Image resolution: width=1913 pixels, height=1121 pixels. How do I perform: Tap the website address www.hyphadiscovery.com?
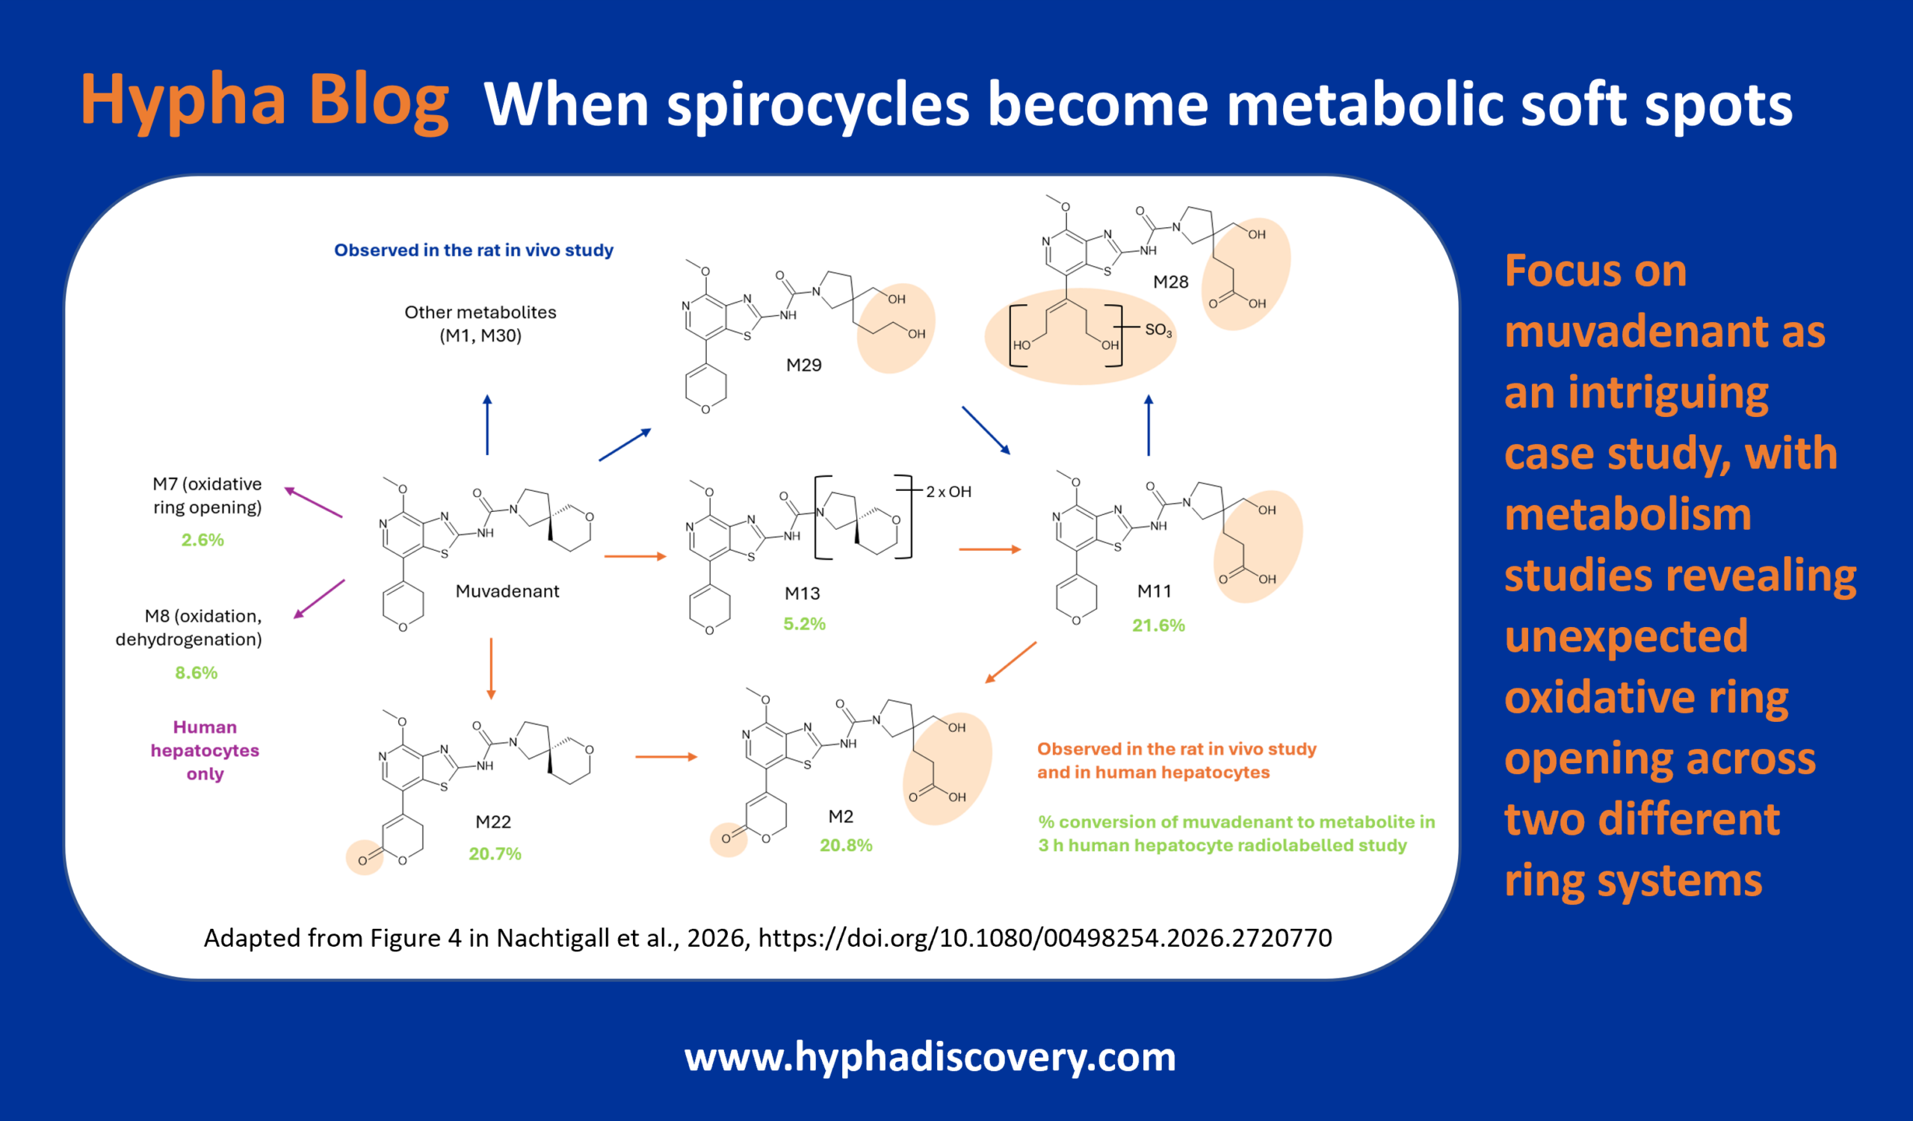point(930,1057)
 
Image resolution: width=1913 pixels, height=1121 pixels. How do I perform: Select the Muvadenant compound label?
point(507,591)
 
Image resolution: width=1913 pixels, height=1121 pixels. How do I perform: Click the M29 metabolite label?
point(804,365)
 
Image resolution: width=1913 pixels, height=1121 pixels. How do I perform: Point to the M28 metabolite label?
point(1170,282)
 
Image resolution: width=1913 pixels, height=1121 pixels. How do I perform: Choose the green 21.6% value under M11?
point(1158,626)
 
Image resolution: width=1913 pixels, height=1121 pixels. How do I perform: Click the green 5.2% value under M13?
point(805,624)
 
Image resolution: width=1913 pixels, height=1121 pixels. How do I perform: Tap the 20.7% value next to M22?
point(495,854)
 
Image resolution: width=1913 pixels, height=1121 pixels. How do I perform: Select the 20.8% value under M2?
point(847,845)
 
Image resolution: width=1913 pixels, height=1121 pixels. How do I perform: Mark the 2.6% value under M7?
point(203,540)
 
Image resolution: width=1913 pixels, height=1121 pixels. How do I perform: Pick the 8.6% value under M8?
point(197,673)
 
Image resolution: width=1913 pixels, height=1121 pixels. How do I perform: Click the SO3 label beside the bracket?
point(1158,330)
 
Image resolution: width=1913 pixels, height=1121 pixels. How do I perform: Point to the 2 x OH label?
point(949,492)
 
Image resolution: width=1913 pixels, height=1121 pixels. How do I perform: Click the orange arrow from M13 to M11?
point(990,549)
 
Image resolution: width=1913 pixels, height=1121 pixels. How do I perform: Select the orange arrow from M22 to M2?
point(667,757)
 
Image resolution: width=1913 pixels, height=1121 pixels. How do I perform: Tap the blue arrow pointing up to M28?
point(1149,425)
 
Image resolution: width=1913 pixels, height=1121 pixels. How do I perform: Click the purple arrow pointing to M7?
point(314,502)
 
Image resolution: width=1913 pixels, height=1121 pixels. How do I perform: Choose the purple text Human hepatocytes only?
point(205,750)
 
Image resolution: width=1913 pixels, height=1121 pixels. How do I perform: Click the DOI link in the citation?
point(1045,939)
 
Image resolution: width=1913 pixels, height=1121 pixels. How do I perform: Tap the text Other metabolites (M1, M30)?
point(480,324)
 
